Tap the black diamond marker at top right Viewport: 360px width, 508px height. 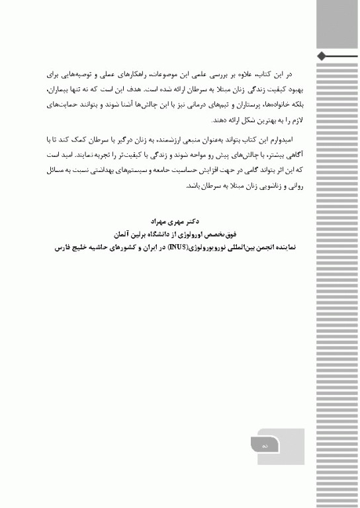(321, 55)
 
